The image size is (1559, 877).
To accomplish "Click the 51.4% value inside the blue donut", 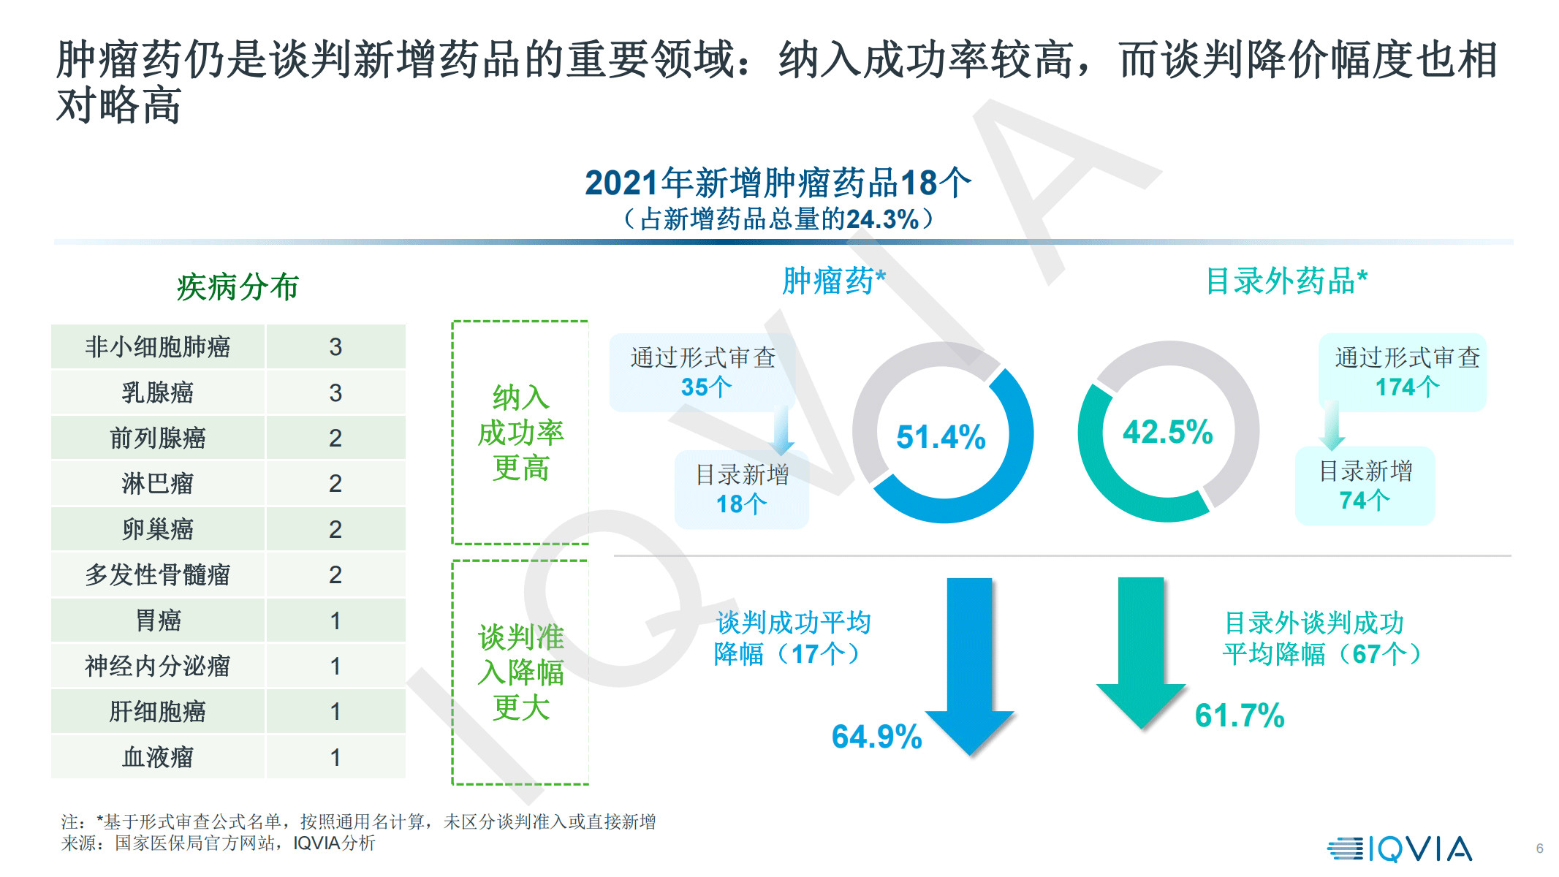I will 941,437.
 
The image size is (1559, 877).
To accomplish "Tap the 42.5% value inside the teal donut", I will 1167,432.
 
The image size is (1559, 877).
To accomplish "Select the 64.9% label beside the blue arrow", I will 876,737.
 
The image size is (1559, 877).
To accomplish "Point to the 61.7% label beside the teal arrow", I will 1239,715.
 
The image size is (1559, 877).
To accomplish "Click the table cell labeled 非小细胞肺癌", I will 157,346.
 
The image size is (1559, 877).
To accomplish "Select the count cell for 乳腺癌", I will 335,392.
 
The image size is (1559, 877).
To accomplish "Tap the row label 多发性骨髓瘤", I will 157,575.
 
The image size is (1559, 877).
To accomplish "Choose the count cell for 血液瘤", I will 335,757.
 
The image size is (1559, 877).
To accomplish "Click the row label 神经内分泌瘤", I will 157,666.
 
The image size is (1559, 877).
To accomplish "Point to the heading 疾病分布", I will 238,287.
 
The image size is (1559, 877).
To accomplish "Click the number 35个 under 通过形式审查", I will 705,387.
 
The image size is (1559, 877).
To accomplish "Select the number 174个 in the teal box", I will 1407,387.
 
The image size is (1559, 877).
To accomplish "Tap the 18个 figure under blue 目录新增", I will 740,504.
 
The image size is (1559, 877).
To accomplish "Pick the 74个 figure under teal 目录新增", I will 1364,501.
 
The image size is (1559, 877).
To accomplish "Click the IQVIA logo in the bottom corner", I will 1399,849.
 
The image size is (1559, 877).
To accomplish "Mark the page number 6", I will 1539,848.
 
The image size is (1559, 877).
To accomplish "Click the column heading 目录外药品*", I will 1286,281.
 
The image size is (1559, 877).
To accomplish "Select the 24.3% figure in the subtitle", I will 882,219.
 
